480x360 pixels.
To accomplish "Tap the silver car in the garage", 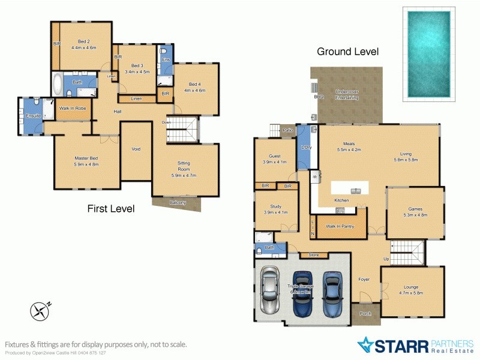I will pos(271,293).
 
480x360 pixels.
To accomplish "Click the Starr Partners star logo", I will pos(366,345).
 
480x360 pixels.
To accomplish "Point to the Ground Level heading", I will pos(347,52).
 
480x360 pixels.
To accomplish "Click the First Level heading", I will pos(110,209).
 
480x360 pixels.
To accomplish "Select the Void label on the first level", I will pos(136,149).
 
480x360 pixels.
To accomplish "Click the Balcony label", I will pos(177,202).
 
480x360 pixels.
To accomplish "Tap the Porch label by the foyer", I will pos(365,313).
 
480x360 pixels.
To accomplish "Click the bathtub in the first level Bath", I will pos(58,84).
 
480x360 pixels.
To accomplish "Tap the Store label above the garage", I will pos(313,256).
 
